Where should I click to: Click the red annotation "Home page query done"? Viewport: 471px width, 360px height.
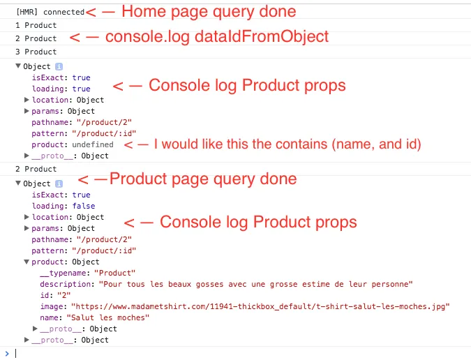[x=209, y=11]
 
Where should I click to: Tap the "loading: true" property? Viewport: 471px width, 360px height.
[x=61, y=89]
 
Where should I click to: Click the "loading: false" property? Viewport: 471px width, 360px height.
[x=63, y=206]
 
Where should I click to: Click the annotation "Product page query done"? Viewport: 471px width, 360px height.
[x=203, y=179]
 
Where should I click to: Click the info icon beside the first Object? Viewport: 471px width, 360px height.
[x=59, y=66]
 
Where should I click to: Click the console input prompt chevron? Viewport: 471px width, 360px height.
[x=7, y=352]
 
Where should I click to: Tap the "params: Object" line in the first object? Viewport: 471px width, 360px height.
[x=63, y=111]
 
